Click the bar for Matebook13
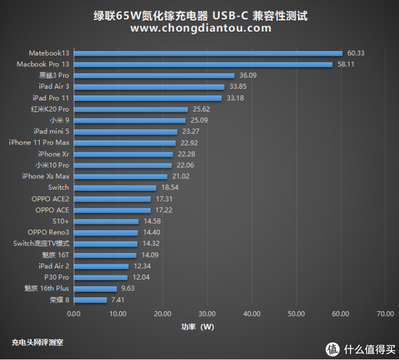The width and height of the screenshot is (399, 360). (208, 53)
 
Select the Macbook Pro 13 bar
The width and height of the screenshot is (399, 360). (203, 64)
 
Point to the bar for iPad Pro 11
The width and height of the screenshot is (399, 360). (147, 97)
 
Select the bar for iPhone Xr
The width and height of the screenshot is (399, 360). (123, 154)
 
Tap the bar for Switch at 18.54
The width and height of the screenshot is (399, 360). (115, 187)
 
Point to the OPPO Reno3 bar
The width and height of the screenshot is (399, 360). (106, 233)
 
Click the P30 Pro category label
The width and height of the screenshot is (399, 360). (56, 277)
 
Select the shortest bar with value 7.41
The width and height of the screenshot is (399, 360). (90, 300)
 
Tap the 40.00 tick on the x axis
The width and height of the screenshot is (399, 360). (252, 314)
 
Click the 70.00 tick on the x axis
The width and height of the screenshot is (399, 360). (385, 314)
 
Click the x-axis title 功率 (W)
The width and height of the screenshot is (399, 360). (197, 327)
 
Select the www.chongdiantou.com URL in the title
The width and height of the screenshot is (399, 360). (200, 28)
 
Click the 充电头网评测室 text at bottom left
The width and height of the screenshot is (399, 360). (38, 342)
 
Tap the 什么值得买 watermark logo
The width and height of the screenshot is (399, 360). (359, 350)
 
